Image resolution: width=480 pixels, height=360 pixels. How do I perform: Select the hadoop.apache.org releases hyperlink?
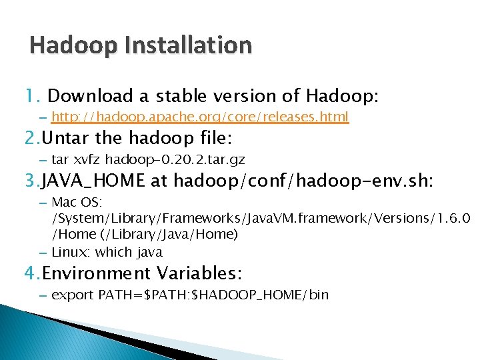[199, 117]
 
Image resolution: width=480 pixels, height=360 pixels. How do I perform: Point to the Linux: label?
[71, 252]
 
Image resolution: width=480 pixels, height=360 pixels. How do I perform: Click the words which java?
[129, 252]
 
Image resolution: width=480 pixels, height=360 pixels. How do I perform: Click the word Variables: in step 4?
[199, 273]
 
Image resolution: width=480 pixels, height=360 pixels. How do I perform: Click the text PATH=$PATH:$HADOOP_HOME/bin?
[213, 295]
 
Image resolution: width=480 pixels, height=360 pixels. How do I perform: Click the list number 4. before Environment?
[32, 273]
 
